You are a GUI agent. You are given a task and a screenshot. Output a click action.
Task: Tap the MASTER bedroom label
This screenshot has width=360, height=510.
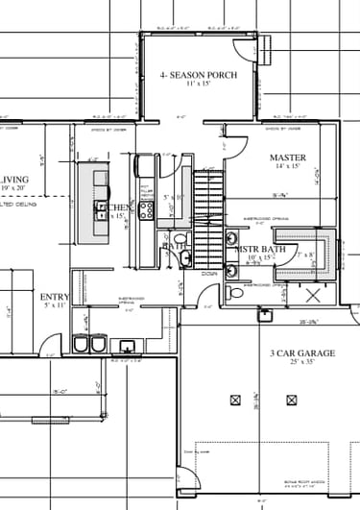point(286,157)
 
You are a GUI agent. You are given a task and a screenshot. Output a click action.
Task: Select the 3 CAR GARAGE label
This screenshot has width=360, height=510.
point(302,353)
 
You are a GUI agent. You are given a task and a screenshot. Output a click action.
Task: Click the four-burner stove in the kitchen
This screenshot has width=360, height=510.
point(147,208)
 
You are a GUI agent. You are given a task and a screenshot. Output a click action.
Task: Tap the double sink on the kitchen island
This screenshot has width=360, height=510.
point(100,207)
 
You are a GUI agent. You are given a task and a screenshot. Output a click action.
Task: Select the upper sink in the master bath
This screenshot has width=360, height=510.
point(232,238)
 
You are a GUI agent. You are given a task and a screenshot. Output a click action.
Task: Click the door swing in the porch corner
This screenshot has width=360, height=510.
point(252,48)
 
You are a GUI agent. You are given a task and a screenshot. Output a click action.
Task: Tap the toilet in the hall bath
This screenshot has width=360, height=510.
point(186,256)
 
